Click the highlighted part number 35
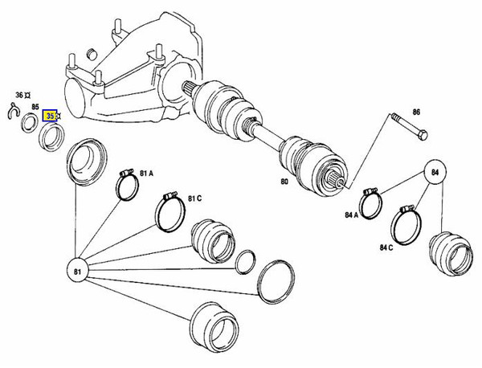click(51, 116)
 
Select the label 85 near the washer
click(35, 106)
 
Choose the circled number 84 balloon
click(435, 173)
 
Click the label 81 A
click(148, 172)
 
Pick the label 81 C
click(194, 198)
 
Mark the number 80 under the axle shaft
click(284, 182)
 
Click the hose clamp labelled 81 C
click(169, 211)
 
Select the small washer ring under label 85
click(29, 122)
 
